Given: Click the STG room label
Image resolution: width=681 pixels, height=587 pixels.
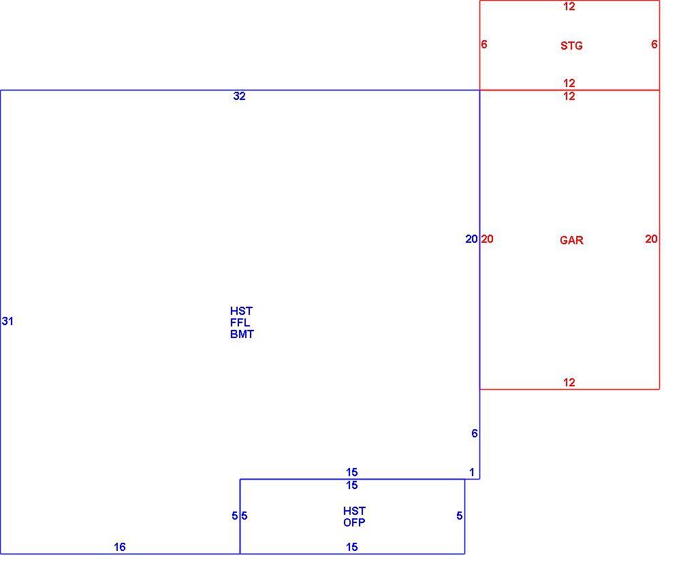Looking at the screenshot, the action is pos(571,46).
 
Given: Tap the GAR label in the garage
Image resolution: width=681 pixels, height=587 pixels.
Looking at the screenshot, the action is pos(571,240).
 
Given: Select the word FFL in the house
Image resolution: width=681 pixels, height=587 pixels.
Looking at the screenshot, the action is pos(240,322).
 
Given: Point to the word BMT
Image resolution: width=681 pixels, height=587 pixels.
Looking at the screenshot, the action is pos(242,334).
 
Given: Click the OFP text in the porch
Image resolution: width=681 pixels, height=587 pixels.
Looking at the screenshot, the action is pos(354,522).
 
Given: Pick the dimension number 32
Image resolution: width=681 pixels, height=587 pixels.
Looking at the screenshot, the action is pos(239,96).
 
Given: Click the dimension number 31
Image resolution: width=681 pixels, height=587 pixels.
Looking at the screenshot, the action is pos(7,321).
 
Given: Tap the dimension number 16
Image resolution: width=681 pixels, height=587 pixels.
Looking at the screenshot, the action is pos(119,547).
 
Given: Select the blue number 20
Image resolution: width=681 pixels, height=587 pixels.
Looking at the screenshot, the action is pos(471,239).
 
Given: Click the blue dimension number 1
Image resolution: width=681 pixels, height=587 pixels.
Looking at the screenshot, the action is pos(472,472).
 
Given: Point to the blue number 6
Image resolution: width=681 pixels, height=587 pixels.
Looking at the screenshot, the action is pos(474,433).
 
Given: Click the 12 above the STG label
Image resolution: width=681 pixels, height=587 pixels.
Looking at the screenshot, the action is pos(569,6).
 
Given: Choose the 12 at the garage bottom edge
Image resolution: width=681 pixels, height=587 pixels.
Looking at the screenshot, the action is pos(569,382).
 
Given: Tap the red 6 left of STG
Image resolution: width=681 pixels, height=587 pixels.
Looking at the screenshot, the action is pos(484,44).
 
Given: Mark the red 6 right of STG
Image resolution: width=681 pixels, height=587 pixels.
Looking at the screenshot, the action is pos(654,44).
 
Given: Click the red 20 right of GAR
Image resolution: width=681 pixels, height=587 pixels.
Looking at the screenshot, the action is pos(651,239).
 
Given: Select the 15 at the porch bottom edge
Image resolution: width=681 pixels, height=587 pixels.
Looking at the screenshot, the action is pos(352,547).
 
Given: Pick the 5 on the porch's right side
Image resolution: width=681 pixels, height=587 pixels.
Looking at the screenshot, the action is pos(460,516).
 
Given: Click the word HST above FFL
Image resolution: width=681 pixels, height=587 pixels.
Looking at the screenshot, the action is pos(242,311).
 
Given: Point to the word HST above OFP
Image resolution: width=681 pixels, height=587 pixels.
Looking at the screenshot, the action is pos(354,511).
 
